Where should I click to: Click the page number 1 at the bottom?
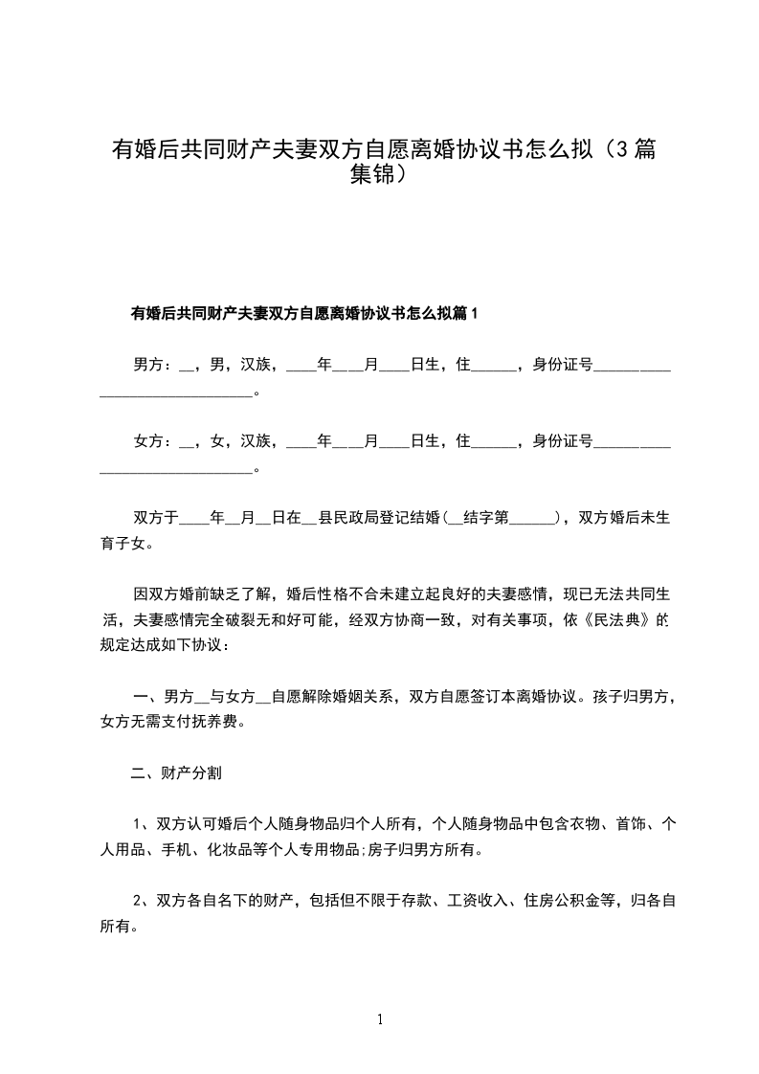(380, 1019)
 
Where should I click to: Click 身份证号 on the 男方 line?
(563, 365)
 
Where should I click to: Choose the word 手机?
(192, 848)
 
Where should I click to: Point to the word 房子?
(394, 848)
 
